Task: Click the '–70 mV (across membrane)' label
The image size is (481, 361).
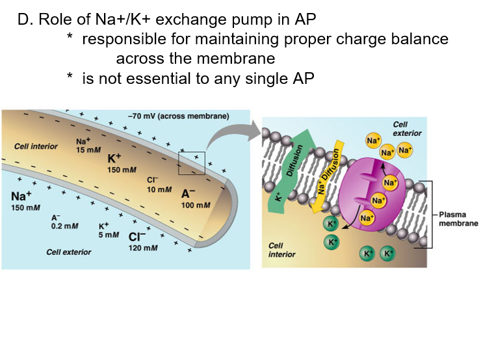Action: click(179, 116)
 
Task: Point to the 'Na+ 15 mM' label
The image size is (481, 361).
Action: click(85, 146)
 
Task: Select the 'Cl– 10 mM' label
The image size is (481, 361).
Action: click(159, 184)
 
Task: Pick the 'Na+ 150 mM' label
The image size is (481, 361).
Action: click(25, 200)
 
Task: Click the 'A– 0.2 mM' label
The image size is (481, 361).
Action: click(65, 221)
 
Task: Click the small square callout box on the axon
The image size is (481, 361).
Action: click(191, 163)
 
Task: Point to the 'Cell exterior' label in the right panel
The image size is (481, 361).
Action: click(407, 129)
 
